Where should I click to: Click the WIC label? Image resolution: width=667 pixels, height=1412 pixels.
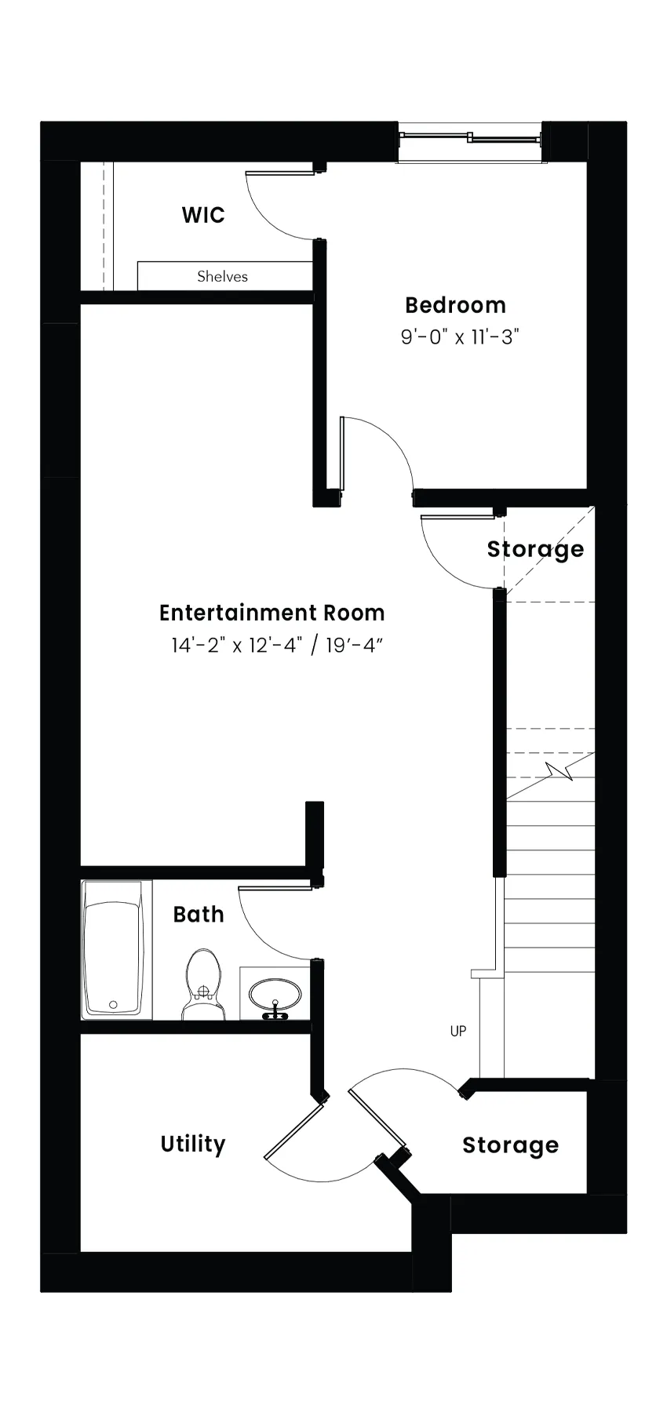click(x=203, y=215)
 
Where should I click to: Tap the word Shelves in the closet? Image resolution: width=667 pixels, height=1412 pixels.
click(x=222, y=276)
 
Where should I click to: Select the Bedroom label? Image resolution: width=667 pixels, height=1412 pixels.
click(x=455, y=304)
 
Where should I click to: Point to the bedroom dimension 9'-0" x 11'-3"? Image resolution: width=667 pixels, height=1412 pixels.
click(x=461, y=337)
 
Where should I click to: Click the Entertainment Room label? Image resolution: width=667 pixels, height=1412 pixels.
click(x=272, y=613)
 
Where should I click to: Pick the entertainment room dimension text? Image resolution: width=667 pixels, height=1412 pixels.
click(x=277, y=646)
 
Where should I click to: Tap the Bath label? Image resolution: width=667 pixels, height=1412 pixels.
click(x=199, y=914)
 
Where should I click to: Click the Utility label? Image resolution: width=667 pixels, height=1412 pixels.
click(x=193, y=1145)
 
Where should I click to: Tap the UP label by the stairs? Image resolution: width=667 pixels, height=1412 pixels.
click(x=458, y=1031)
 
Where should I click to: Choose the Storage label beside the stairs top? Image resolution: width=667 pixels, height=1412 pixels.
click(x=535, y=549)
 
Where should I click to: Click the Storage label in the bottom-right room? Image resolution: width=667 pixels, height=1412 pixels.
click(x=510, y=1145)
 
